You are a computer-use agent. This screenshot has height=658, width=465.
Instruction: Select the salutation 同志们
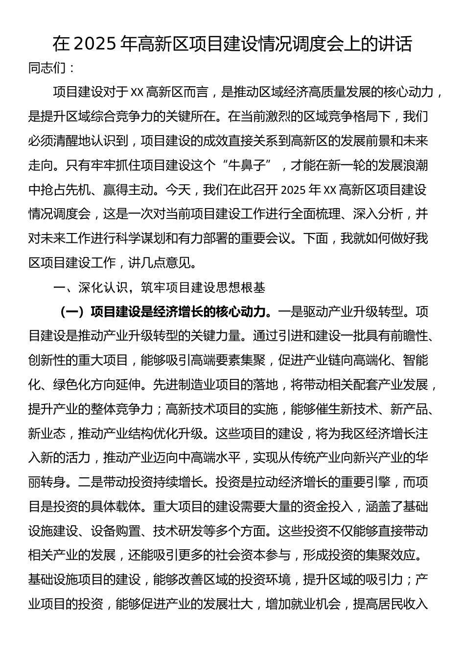(x=47, y=68)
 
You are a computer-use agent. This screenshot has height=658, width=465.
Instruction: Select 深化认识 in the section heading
(x=103, y=287)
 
